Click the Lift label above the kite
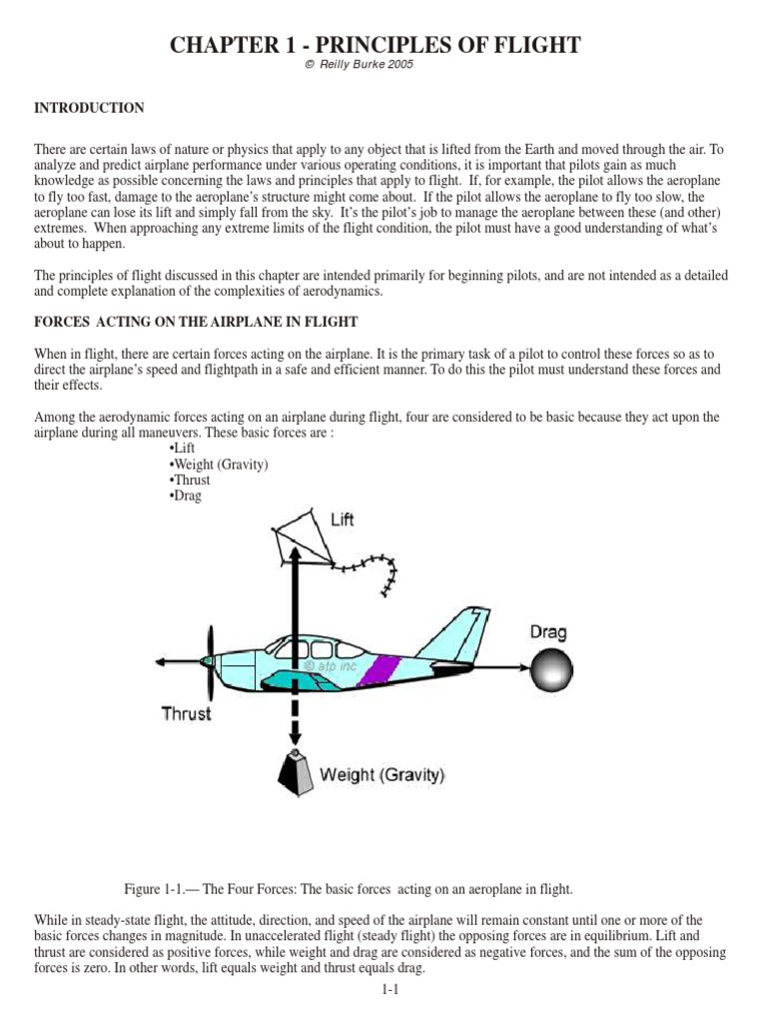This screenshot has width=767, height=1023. [342, 519]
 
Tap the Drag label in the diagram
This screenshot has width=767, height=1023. [548, 631]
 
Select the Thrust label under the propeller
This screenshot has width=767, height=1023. [187, 713]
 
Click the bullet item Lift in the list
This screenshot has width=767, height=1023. [183, 449]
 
